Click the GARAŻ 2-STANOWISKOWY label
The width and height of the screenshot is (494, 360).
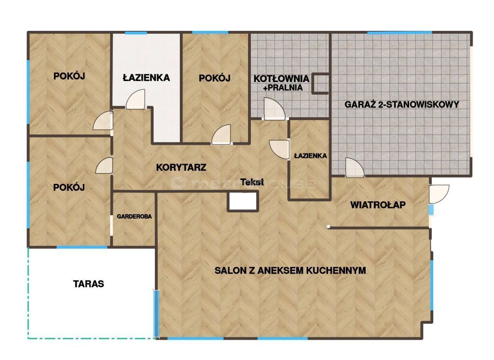point(401,104)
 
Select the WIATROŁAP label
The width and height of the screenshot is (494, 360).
point(378,205)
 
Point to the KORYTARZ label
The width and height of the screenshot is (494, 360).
point(181,168)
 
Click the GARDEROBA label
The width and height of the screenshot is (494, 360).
point(134,217)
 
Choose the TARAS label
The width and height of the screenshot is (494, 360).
point(88,284)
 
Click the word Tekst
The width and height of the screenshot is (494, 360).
point(252,182)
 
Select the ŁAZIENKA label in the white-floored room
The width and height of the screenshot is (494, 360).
point(146,77)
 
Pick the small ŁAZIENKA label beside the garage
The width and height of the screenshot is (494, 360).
point(310,156)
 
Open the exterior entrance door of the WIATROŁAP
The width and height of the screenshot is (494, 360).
point(439,194)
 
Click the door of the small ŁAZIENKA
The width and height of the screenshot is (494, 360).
point(279,148)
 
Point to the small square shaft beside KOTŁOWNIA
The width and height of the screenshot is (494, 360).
point(321,83)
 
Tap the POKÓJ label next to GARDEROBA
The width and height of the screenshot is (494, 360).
point(69,187)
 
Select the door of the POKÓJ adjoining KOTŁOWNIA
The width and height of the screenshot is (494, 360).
point(222,135)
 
